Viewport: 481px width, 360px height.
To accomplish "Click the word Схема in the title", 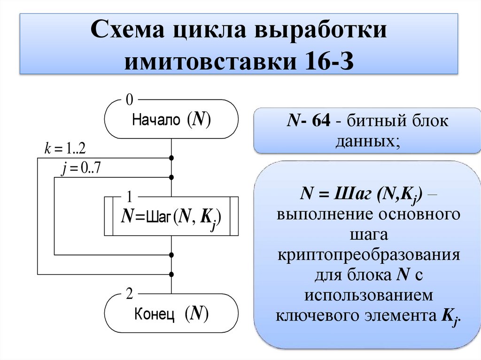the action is [x=128, y=33].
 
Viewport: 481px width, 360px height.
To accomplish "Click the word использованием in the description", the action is [x=368, y=295].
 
